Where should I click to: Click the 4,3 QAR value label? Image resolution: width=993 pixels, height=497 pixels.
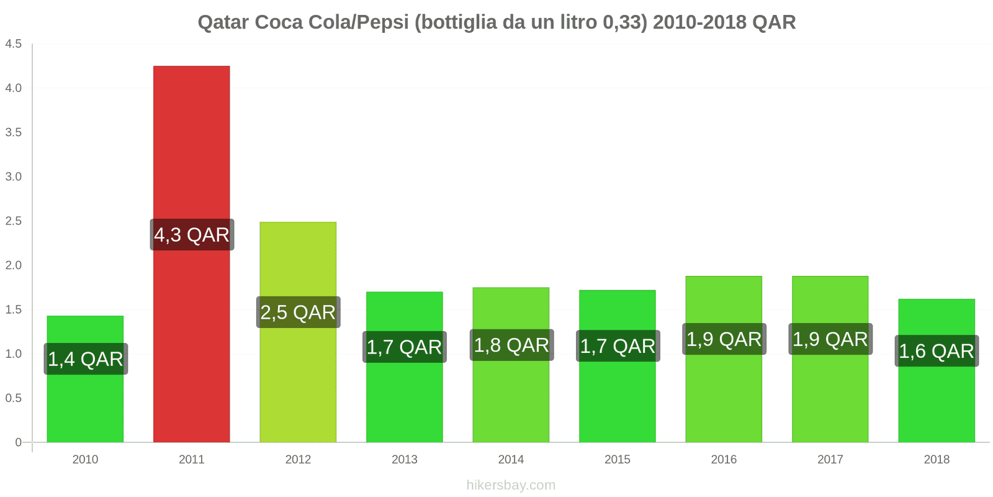[192, 235]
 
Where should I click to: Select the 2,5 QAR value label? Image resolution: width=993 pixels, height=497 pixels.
[298, 312]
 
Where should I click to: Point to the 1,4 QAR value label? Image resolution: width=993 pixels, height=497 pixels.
[86, 359]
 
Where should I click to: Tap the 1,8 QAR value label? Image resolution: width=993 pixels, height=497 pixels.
[511, 345]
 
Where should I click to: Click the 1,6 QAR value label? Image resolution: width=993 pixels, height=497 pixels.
[937, 351]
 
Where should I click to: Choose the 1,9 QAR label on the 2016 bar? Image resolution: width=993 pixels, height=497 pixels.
[724, 339]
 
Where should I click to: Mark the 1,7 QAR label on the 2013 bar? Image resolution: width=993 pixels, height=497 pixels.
[404, 347]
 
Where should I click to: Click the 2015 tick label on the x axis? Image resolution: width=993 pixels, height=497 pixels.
[618, 460]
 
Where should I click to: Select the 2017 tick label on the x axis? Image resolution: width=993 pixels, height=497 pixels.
[830, 460]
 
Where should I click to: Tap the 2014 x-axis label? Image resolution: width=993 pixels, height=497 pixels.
[511, 460]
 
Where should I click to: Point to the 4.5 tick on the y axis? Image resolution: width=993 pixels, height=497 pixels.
[14, 44]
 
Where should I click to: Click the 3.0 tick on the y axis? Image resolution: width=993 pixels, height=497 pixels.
[14, 177]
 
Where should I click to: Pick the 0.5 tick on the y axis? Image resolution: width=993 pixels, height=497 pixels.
[14, 398]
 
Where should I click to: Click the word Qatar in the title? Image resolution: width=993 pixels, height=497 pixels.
[223, 22]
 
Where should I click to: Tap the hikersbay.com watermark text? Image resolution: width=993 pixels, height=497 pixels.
[511, 485]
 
